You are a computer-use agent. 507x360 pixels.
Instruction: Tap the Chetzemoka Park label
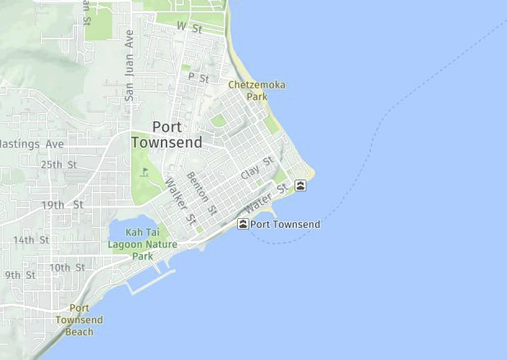point(248,90)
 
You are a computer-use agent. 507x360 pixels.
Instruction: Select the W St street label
point(190,27)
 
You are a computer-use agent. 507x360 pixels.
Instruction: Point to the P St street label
point(199,77)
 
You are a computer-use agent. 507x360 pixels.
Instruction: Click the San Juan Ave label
point(129,65)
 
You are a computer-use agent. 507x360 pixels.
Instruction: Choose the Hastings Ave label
point(31,144)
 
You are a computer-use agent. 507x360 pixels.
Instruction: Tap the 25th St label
point(58,164)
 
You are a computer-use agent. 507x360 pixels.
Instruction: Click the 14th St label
point(30,240)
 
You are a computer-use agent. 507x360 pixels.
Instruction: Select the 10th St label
point(66,267)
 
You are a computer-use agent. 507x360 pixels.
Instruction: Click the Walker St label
point(181,203)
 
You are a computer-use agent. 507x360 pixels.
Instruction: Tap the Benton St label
point(202,193)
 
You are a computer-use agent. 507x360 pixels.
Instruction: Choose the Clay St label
point(257,169)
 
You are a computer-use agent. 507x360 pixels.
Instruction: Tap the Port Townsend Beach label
point(80,320)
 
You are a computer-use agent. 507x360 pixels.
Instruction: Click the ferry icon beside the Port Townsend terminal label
point(243,224)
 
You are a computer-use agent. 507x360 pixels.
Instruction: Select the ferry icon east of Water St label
point(302,185)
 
